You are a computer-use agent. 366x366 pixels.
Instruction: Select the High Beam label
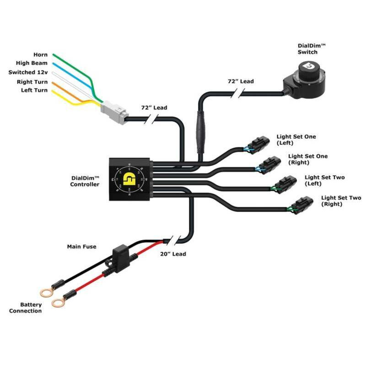tap(32, 64)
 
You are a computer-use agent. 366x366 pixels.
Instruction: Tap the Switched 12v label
tap(27, 72)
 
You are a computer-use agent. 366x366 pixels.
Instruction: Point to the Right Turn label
tap(31, 81)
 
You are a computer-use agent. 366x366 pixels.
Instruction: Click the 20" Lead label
tap(173, 254)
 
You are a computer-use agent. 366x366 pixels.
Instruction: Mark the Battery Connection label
tap(26, 308)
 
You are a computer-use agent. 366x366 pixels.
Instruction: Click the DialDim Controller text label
tap(84, 181)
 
